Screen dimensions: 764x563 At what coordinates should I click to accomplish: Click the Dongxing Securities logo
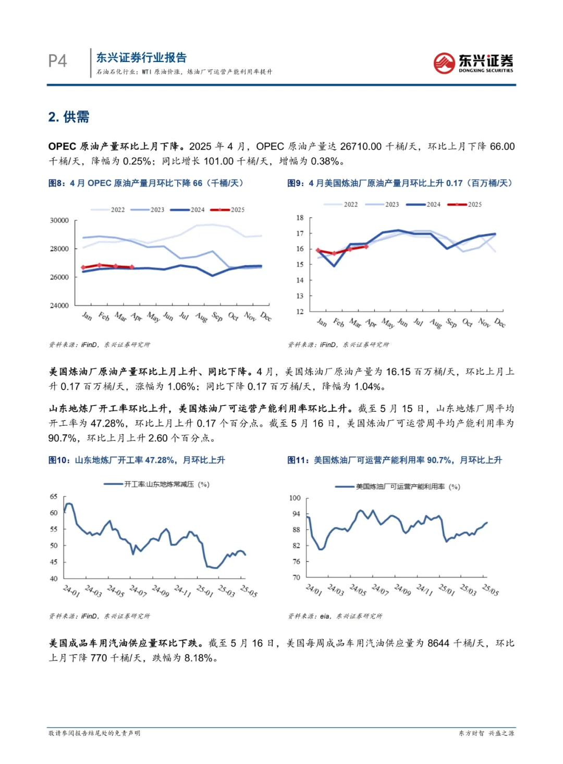pos(473,63)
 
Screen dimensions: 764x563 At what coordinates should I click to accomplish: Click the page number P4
pos(57,61)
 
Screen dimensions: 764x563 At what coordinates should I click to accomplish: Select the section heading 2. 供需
pos(69,117)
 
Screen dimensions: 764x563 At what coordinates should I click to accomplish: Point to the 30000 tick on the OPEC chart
pos(59,220)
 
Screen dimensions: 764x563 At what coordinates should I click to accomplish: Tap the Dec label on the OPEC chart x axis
pos(266,316)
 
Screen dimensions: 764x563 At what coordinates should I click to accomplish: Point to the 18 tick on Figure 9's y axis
pos(300,218)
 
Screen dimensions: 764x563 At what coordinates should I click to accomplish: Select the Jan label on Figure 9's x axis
pos(322,323)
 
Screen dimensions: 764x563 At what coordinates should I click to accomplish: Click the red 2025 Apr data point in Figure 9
pos(366,247)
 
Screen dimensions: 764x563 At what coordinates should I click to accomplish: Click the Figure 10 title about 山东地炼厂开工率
pos(137,460)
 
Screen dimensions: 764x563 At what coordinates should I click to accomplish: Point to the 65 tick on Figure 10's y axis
pos(54,497)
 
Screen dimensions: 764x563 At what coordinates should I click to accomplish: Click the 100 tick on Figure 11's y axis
pos(295,498)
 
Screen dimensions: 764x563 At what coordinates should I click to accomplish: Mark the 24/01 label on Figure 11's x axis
pos(313,589)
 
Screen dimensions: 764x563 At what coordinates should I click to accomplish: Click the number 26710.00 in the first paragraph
pos(361,146)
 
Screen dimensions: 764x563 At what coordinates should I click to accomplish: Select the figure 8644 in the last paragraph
pos(438,643)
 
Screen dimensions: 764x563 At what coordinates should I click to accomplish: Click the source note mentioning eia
pos(335,616)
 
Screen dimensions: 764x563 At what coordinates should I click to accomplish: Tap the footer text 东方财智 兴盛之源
pos(486,733)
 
